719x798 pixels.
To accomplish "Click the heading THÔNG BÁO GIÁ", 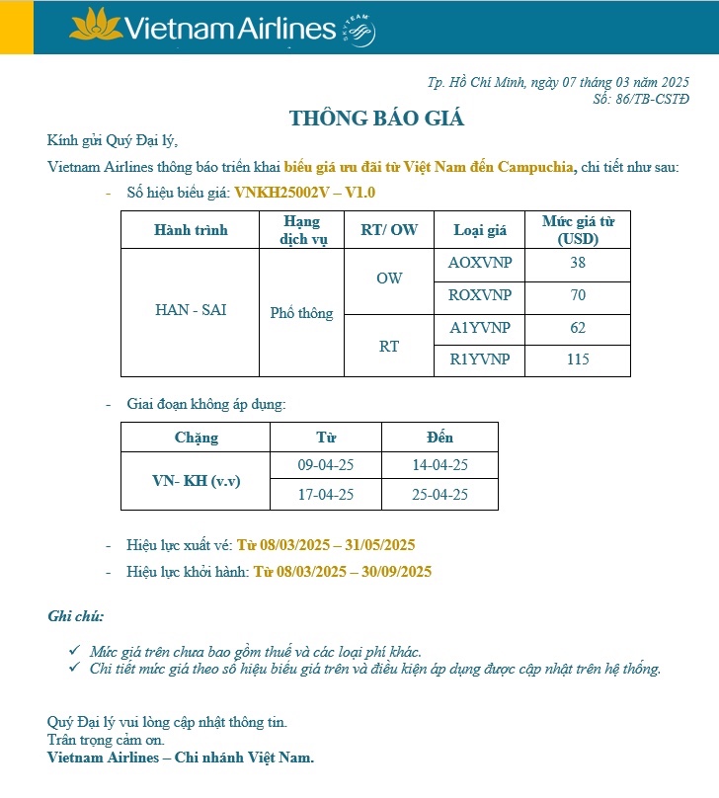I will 376,120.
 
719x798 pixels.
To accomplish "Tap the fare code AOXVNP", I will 480,264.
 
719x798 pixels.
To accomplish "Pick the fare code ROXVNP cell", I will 480,295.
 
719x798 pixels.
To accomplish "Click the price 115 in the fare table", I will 578,359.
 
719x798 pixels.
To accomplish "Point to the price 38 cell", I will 578,264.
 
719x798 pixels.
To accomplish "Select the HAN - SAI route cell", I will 191,310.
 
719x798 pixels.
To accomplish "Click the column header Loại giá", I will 480,230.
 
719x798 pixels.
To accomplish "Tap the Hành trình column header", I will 191,230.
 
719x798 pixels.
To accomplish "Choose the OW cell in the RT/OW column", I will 389,279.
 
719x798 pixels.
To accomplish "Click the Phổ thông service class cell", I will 301,313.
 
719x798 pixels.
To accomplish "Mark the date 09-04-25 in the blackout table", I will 326,464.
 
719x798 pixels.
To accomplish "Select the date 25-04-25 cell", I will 439,495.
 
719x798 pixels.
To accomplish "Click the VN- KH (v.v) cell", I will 197,480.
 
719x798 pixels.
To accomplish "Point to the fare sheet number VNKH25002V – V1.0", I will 305,193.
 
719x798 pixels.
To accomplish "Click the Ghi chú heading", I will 75,616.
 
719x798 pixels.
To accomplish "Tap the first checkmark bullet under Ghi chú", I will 75,651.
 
